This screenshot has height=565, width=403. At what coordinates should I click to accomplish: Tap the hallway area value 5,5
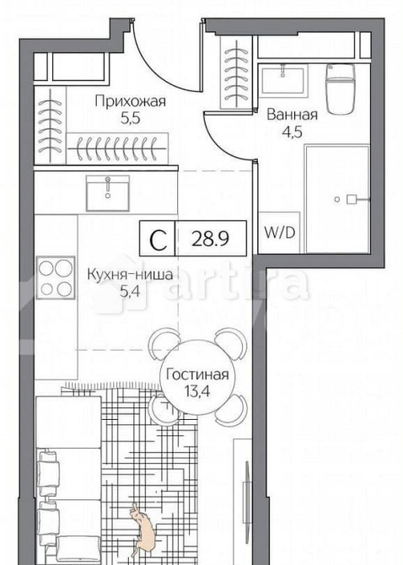pos(130,120)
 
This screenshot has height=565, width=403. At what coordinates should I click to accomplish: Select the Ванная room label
pos(293,115)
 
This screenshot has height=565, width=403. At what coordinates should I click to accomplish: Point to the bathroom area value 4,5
pos(292,132)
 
